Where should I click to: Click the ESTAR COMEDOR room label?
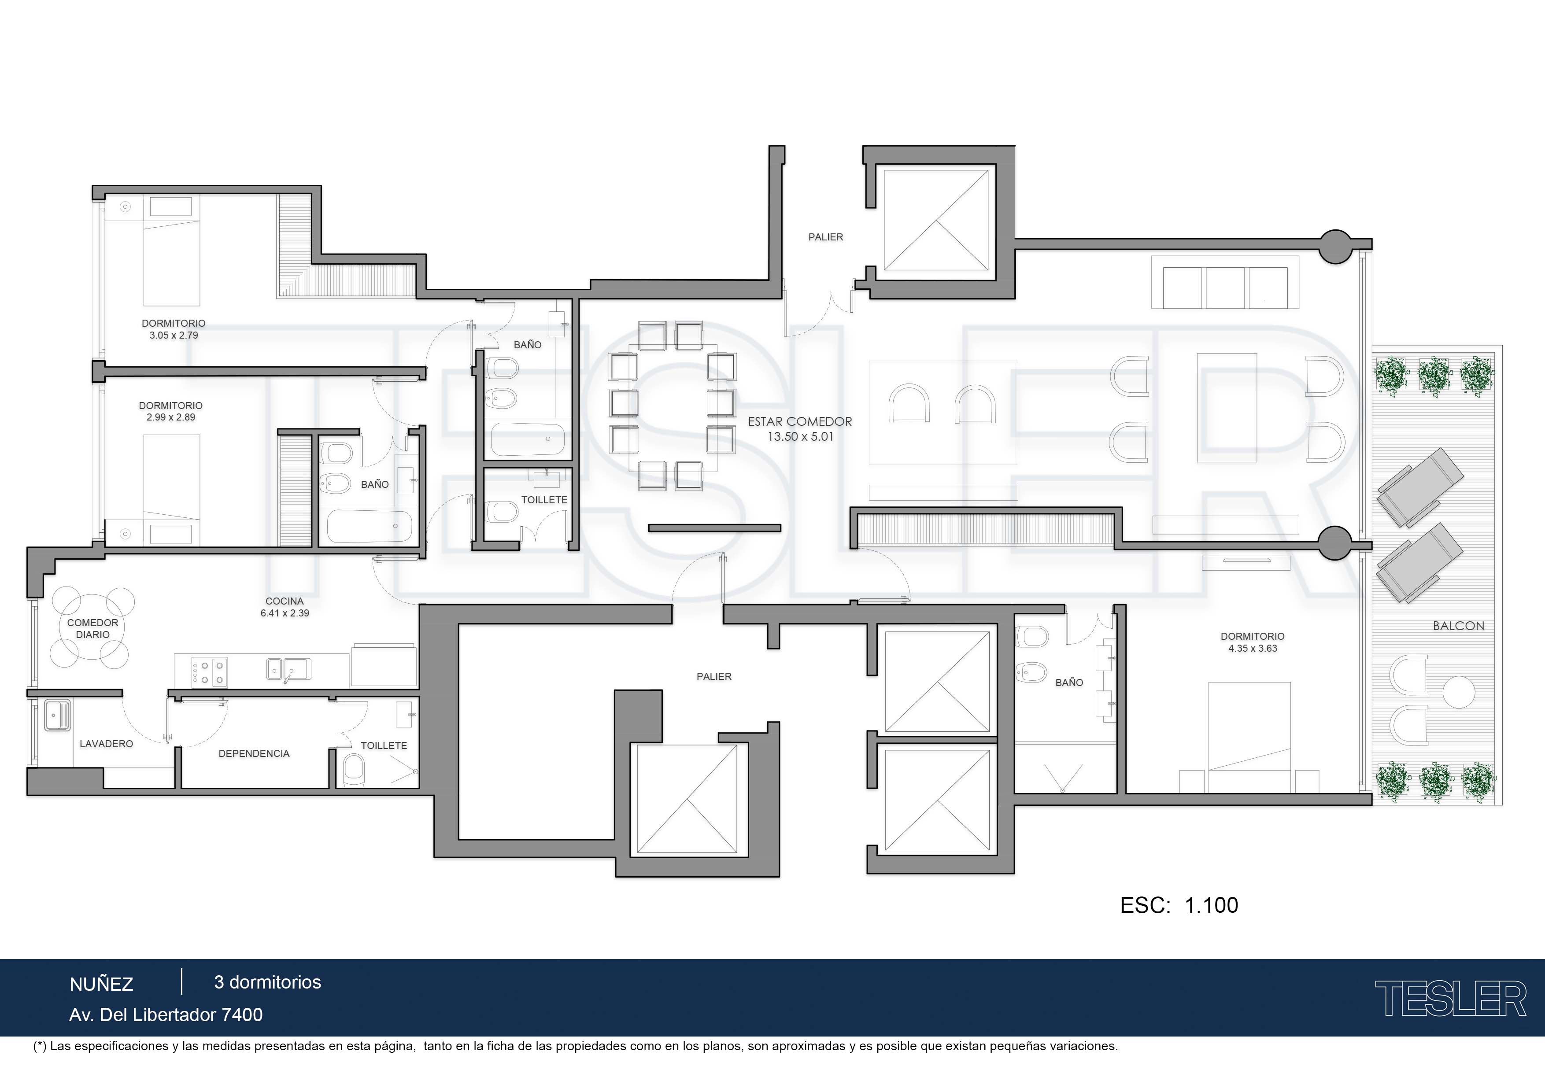pyautogui.click(x=800, y=422)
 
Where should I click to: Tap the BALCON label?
pyautogui.click(x=1458, y=626)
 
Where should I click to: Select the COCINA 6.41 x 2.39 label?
pyautogui.click(x=285, y=607)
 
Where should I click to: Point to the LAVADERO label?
pyautogui.click(x=106, y=743)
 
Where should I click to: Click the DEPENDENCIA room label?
pyautogui.click(x=254, y=753)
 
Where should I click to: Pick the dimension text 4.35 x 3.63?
pyautogui.click(x=1252, y=649)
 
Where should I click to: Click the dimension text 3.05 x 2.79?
pyautogui.click(x=174, y=335)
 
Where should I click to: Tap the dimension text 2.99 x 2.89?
pyautogui.click(x=171, y=417)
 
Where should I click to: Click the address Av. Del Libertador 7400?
pyautogui.click(x=166, y=1015)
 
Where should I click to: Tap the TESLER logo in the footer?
pyautogui.click(x=1450, y=999)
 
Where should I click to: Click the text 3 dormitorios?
pyautogui.click(x=267, y=982)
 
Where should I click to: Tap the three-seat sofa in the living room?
pyautogui.click(x=1225, y=283)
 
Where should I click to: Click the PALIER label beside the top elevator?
pyautogui.click(x=826, y=237)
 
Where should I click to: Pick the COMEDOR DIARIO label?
pyautogui.click(x=93, y=628)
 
